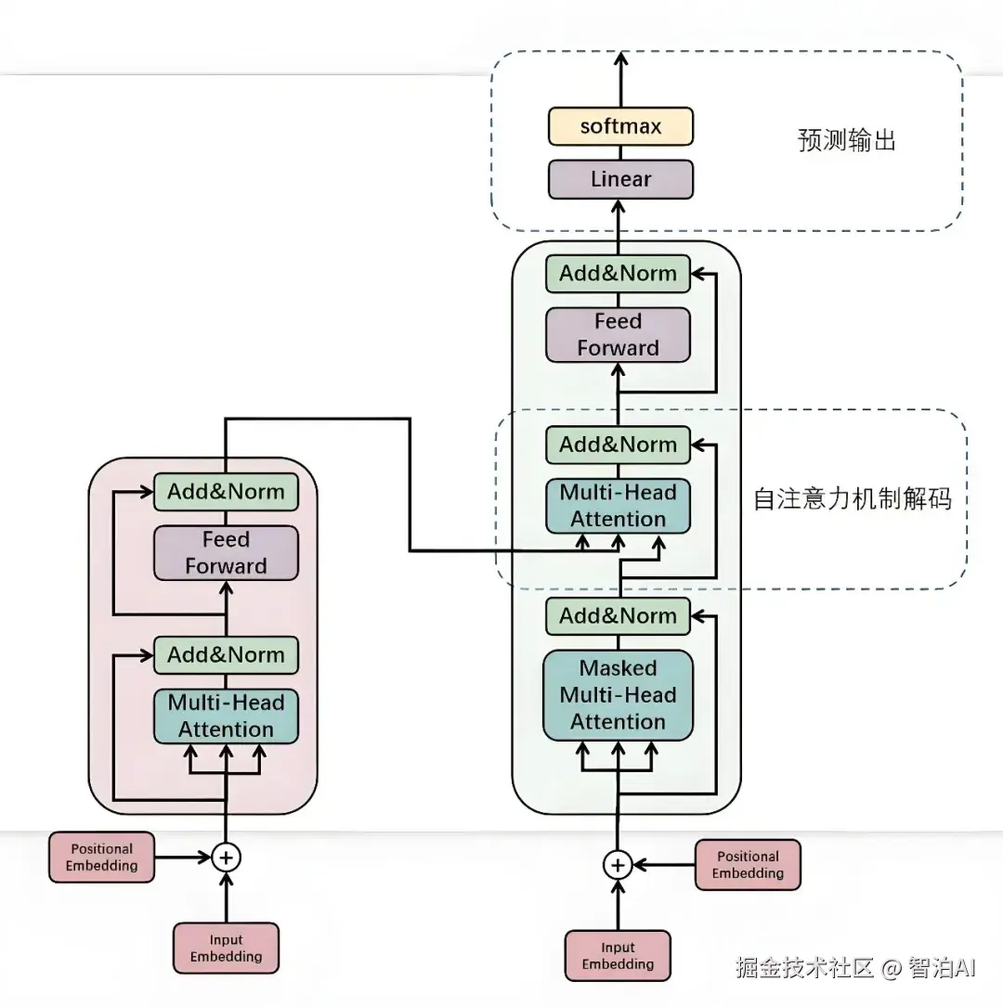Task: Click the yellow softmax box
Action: (x=620, y=126)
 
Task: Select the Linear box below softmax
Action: (x=620, y=179)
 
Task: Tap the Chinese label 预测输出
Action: (x=846, y=141)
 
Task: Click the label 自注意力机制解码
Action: (x=852, y=498)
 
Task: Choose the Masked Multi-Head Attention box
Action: (x=618, y=695)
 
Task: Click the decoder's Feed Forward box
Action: (x=618, y=335)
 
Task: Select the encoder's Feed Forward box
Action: (x=226, y=553)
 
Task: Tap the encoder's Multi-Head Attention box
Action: (x=226, y=716)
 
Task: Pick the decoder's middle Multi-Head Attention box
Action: (x=618, y=506)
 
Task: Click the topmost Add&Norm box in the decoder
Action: (x=618, y=274)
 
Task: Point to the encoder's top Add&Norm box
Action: (x=226, y=492)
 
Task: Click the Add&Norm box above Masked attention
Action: (x=618, y=616)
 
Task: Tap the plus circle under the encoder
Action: (x=226, y=857)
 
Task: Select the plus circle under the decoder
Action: (x=618, y=865)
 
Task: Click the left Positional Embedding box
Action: (x=101, y=857)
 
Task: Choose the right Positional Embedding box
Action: (x=748, y=865)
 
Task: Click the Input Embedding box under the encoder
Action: (x=226, y=948)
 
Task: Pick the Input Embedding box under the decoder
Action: (x=618, y=955)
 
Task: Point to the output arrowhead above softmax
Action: (x=621, y=58)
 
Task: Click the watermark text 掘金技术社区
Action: (x=805, y=968)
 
